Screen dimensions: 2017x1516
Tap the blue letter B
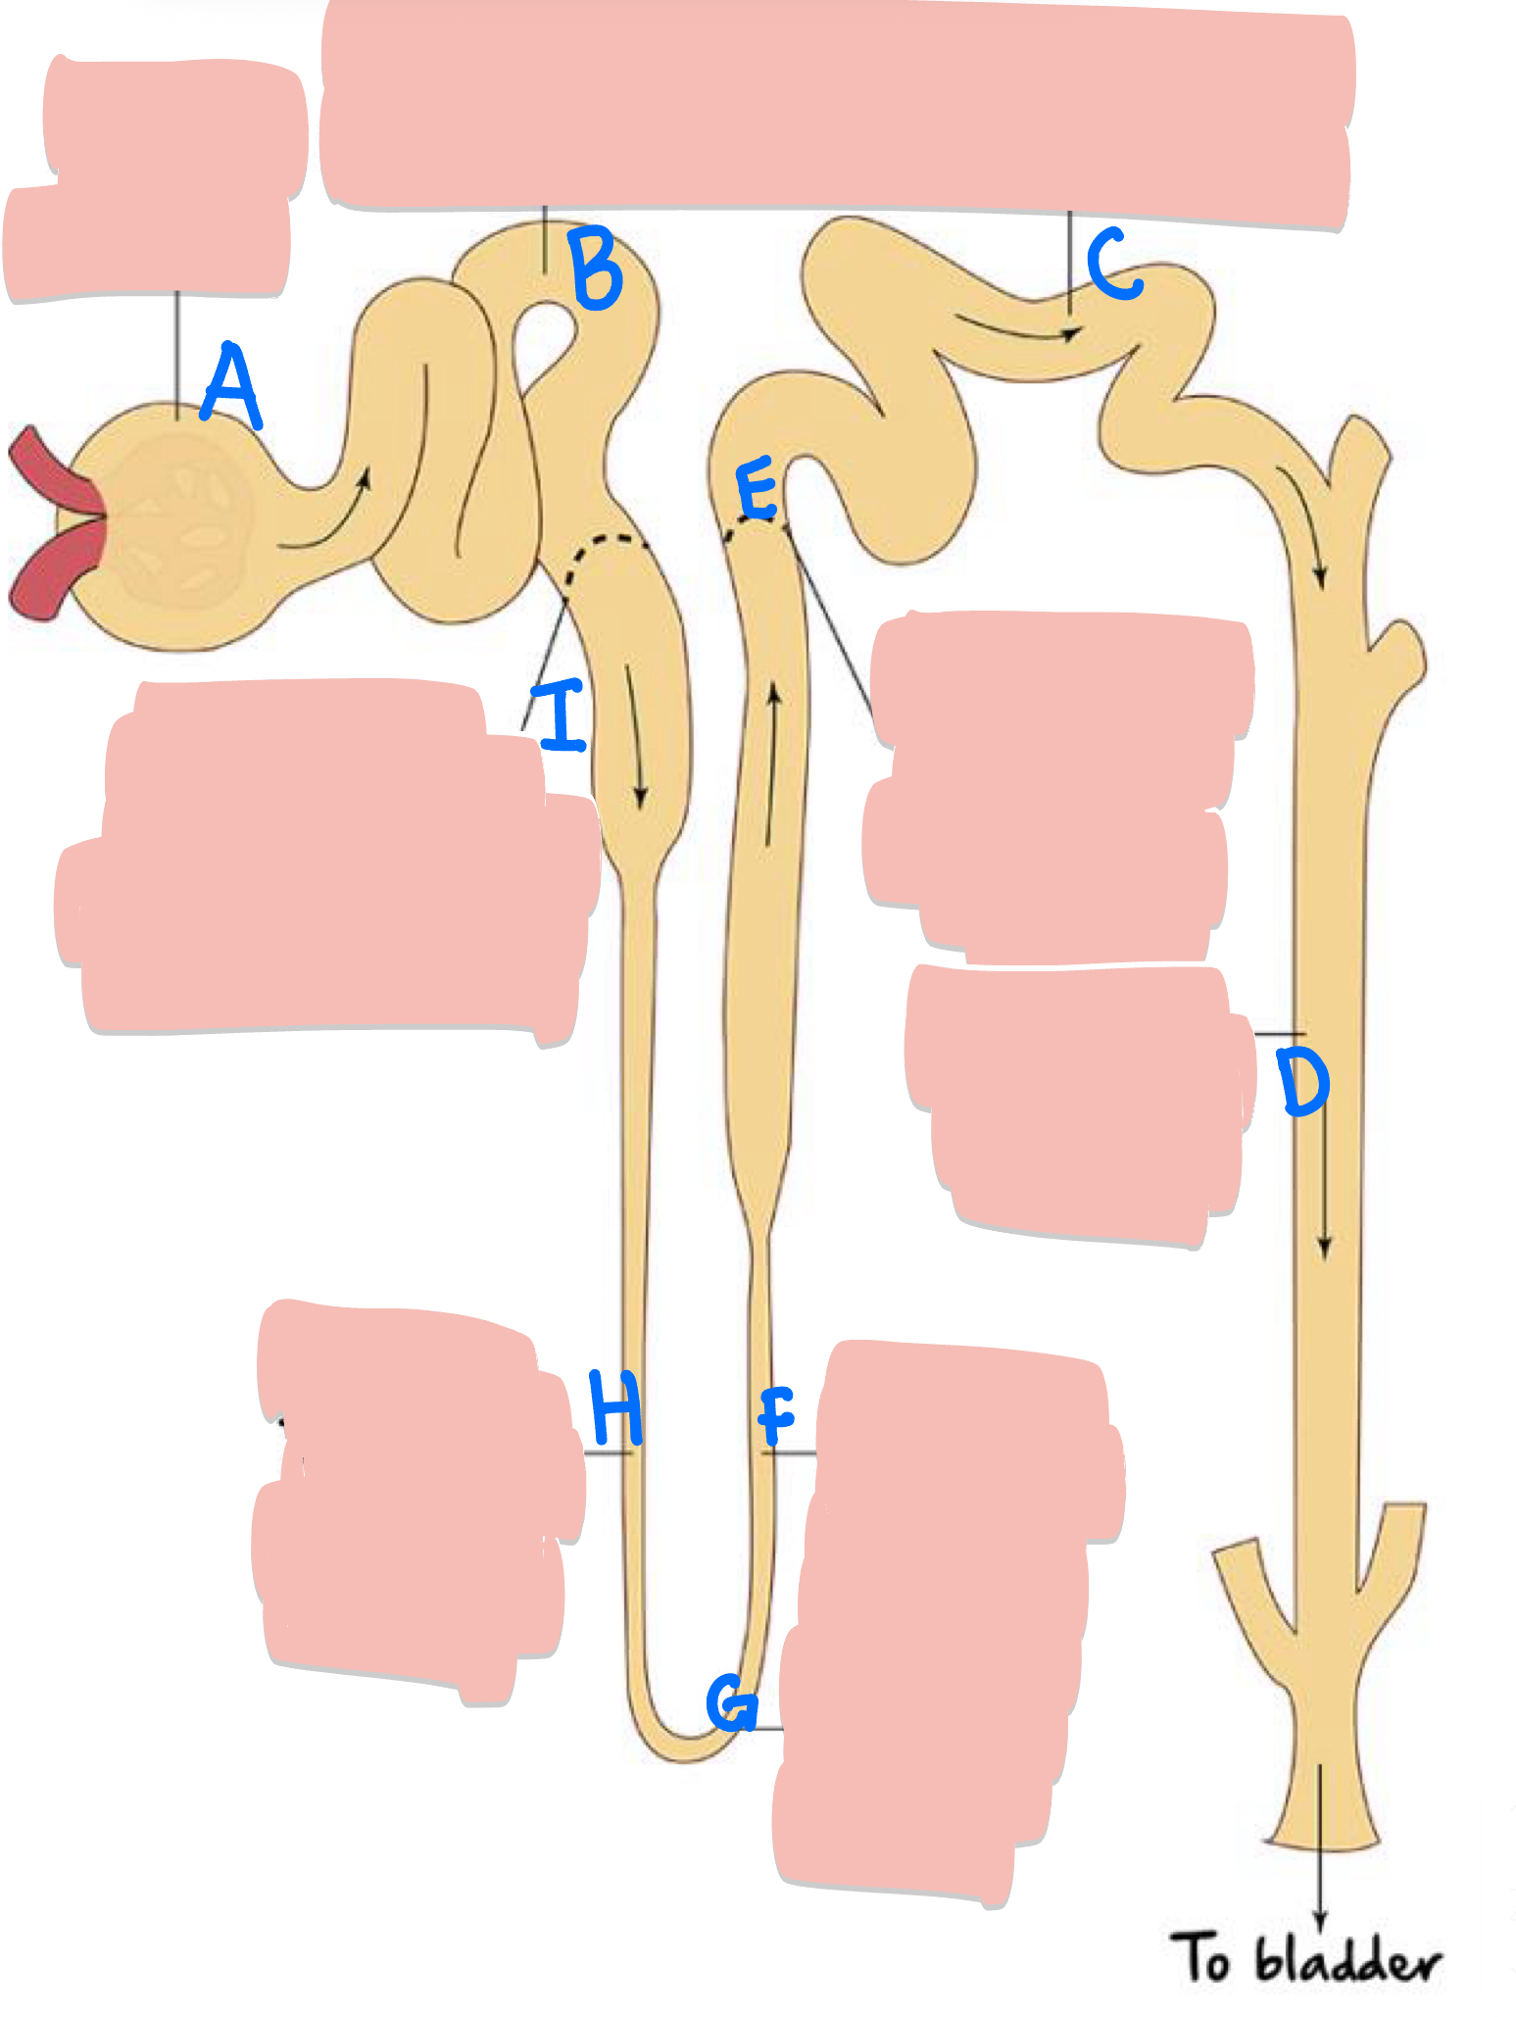pyautogui.click(x=597, y=268)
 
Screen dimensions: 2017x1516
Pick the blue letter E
pyautogui.click(x=758, y=490)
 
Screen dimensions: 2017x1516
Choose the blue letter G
pyautogui.click(x=732, y=1702)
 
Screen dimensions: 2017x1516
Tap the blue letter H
pyautogui.click(x=615, y=1408)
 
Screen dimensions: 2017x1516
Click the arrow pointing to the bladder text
pyautogui.click(x=1320, y=1843)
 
